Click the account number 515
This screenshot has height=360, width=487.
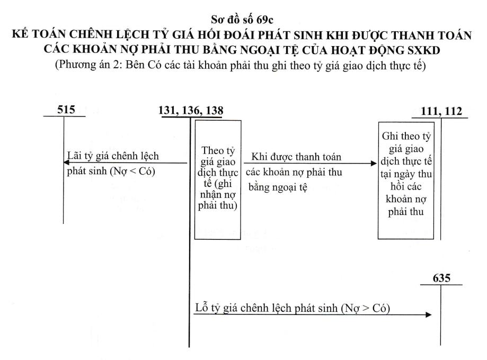click(66, 110)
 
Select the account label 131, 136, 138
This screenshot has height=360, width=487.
click(191, 111)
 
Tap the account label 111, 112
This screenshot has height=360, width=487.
click(441, 111)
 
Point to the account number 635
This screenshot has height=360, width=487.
click(441, 278)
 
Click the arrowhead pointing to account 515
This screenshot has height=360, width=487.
click(66, 163)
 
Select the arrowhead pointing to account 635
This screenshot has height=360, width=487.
click(429, 314)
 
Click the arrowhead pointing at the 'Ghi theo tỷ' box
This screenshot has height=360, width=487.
click(374, 163)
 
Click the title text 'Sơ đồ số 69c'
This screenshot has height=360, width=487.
click(242, 20)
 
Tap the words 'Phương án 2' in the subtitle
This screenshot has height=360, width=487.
click(89, 65)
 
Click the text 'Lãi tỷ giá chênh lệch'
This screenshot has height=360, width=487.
click(113, 156)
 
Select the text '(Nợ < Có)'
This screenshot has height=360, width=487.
click(132, 171)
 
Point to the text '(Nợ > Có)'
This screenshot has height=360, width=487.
click(366, 308)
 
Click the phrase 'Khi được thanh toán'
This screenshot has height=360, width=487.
click(296, 157)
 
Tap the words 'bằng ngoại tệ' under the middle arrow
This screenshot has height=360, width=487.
click(278, 187)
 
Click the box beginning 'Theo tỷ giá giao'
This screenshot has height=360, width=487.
click(218, 179)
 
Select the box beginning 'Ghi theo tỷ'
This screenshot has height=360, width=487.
click(406, 181)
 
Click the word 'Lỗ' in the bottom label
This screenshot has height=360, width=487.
click(201, 308)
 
